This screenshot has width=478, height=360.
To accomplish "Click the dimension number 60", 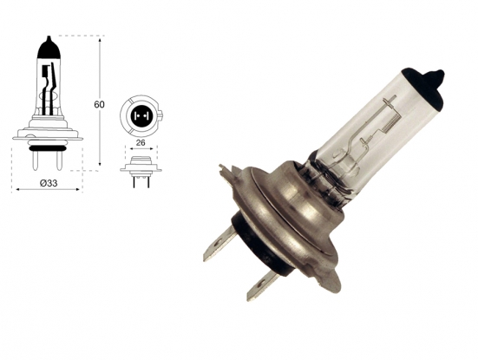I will [99, 105].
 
